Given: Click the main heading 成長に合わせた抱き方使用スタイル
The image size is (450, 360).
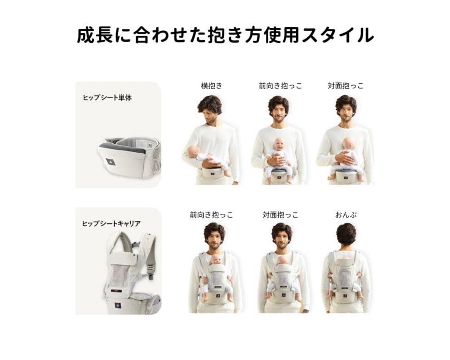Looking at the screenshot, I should pos(225,35).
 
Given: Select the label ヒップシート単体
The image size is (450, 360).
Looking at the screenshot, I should pos(107,98).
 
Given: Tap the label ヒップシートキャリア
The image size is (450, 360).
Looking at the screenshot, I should pos(111,223).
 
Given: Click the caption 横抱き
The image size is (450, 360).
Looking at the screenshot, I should pos(212,86).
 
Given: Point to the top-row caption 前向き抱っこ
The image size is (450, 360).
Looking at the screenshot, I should pos(280,86).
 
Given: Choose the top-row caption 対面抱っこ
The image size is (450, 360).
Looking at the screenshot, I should pos(345,86).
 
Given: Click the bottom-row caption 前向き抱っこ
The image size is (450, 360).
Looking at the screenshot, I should pos(211,215).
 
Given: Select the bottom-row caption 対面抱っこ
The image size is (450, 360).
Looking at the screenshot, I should pos(280,215).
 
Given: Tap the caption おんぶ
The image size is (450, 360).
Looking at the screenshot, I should pos(346,215).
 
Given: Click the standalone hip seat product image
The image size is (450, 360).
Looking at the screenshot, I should pos(129,156).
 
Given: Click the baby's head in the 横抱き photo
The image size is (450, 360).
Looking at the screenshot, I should pos(193,151).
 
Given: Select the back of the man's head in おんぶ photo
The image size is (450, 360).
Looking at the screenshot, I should pos(346,234).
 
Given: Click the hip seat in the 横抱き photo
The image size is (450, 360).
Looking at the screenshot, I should pos(212,172).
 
